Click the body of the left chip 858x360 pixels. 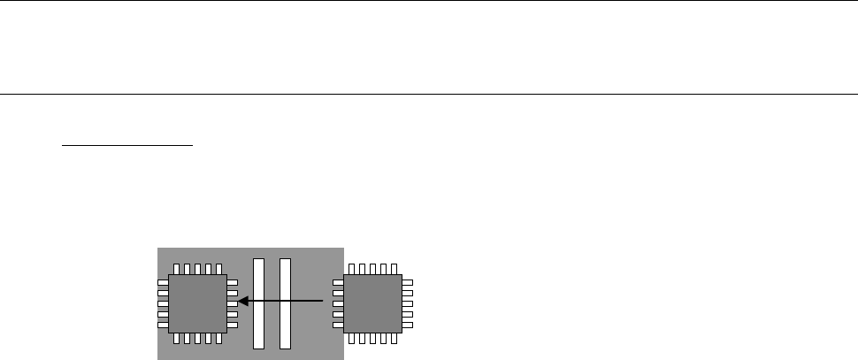(x=197, y=303)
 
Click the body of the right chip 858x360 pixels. (x=372, y=303)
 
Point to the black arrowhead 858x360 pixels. (x=242, y=302)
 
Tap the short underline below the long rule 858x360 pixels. (x=126, y=147)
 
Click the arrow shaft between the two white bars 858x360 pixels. (x=272, y=302)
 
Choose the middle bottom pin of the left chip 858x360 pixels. (x=197, y=338)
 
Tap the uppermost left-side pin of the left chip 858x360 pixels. (x=163, y=283)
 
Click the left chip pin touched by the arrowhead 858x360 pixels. (x=232, y=303)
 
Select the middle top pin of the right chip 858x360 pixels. (x=372, y=268)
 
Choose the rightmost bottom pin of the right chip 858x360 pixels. (x=393, y=338)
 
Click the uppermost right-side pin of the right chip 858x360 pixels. (x=407, y=283)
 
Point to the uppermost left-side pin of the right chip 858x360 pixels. (x=337, y=283)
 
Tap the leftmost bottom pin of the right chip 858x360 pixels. (x=352, y=338)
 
